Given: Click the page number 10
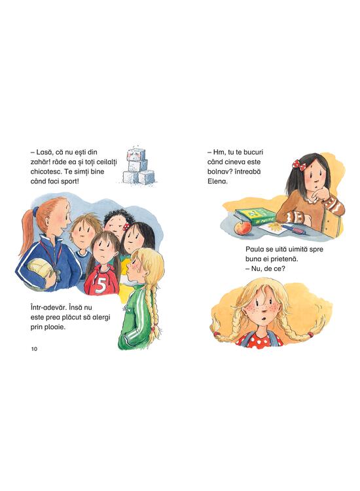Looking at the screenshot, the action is [34, 349].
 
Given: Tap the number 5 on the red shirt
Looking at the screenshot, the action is [101, 285].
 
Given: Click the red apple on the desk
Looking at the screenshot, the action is [242, 228].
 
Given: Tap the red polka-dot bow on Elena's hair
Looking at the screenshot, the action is [298, 165].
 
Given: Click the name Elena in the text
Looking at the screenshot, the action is [217, 181].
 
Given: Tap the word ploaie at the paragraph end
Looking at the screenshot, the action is [56, 327].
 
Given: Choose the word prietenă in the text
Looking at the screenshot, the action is [284, 259].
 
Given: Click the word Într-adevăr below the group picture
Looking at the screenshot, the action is [49, 308].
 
